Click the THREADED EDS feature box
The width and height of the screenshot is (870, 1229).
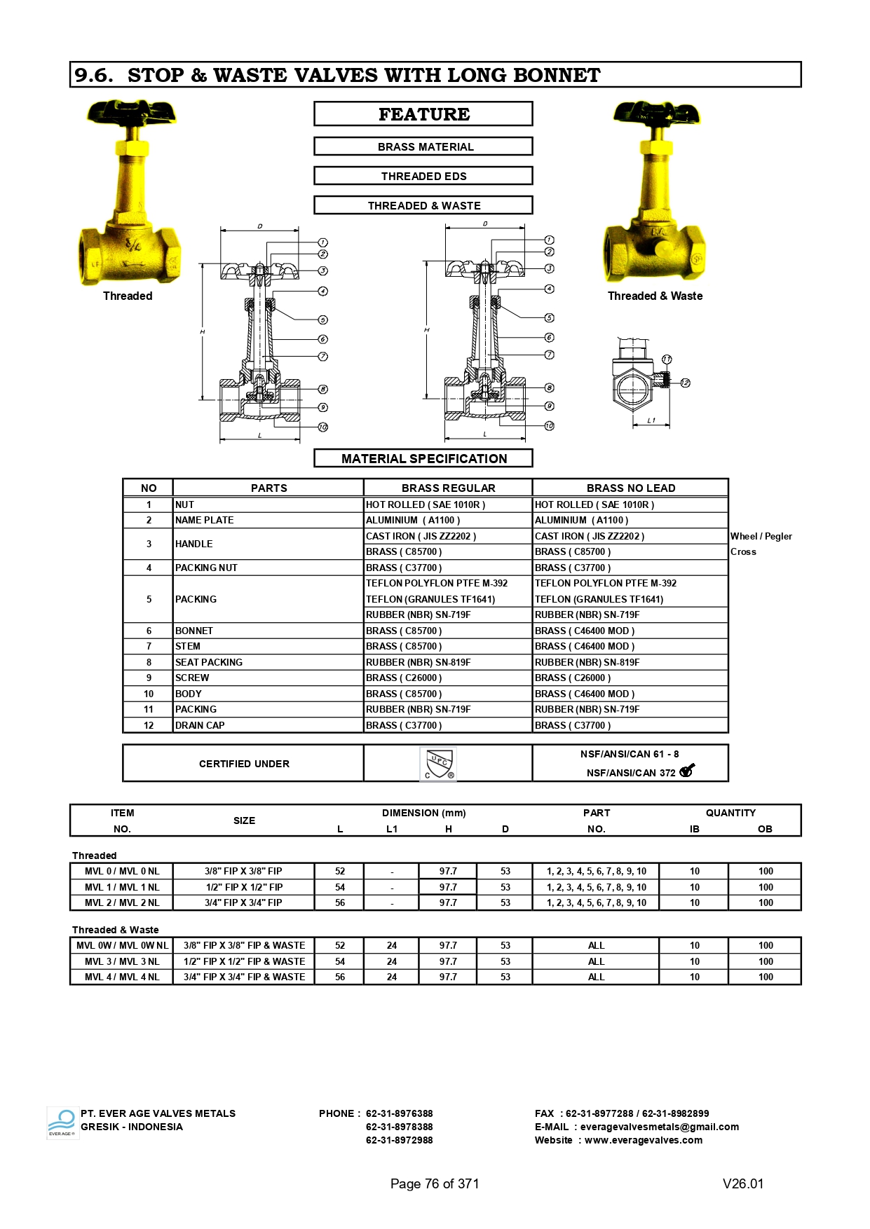pos(423,176)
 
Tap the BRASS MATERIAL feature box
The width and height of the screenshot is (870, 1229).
pos(423,146)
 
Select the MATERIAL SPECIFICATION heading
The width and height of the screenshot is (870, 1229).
pos(423,459)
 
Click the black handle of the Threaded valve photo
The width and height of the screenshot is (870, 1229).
pos(132,113)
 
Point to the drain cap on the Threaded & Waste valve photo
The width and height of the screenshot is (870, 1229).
pos(662,248)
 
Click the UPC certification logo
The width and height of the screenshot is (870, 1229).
pos(439,764)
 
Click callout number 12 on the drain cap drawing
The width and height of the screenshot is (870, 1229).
pos(685,383)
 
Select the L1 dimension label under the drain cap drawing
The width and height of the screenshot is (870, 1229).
pos(651,420)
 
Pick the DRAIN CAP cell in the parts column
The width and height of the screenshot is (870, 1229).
pos(200,725)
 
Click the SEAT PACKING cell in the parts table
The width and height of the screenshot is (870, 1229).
pos(209,662)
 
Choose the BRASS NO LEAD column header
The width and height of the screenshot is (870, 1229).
pos(630,488)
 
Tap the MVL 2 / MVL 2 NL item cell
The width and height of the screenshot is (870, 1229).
pos(122,902)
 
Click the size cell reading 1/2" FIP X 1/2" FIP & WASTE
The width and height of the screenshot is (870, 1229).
pos(244,961)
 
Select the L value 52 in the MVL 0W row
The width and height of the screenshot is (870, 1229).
pos(340,945)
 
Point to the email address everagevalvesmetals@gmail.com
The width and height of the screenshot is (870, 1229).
pos(659,1127)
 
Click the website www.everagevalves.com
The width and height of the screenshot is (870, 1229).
pos(643,1140)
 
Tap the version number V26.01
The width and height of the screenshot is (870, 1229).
pos(742,1183)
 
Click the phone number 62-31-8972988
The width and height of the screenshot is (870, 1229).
pos(399,1140)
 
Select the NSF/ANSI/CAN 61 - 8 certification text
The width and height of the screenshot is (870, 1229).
pos(629,754)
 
